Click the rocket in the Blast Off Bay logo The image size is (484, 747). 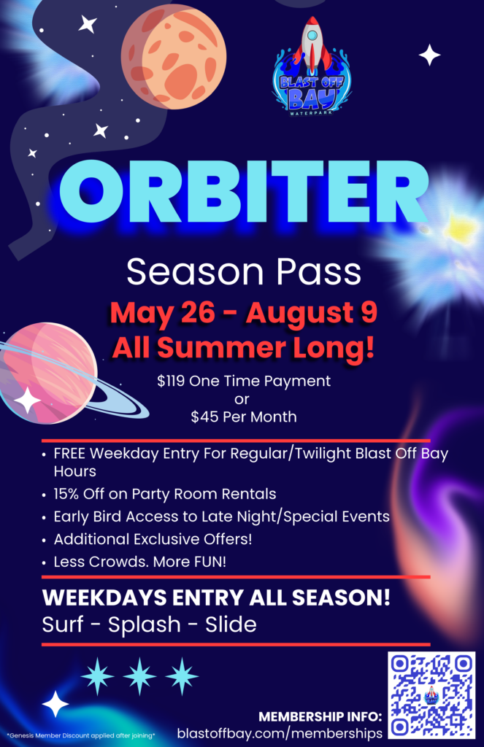pyautogui.click(x=312, y=45)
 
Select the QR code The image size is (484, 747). pyautogui.click(x=431, y=695)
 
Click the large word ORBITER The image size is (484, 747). pyautogui.click(x=244, y=192)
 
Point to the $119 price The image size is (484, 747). pyautogui.click(x=171, y=381)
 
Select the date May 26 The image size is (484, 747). pyautogui.click(x=162, y=313)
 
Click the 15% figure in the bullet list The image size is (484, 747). pyautogui.click(x=66, y=494)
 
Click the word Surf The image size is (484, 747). pyautogui.click(x=64, y=624)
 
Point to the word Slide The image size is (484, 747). pyautogui.click(x=231, y=624)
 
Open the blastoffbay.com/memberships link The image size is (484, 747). pyautogui.click(x=280, y=732)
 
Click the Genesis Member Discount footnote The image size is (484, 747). pyautogui.click(x=80, y=735)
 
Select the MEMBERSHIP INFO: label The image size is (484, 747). pyautogui.click(x=320, y=716)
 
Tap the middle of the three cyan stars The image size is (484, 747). pyautogui.click(x=139, y=676)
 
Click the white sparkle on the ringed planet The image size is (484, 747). pyautogui.click(x=27, y=400)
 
